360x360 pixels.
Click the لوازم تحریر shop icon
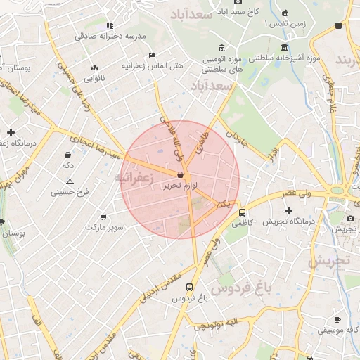(181, 175)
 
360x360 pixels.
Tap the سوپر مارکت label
(105, 228)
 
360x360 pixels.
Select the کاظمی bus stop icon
(242, 212)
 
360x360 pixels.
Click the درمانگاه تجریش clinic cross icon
(288, 210)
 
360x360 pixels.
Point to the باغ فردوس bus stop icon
(189, 287)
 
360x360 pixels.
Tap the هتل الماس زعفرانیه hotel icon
(153, 55)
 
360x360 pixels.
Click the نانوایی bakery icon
(94, 68)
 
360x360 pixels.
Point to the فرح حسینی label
(68, 191)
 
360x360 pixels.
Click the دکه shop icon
(67, 155)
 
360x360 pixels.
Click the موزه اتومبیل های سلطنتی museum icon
(222, 48)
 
